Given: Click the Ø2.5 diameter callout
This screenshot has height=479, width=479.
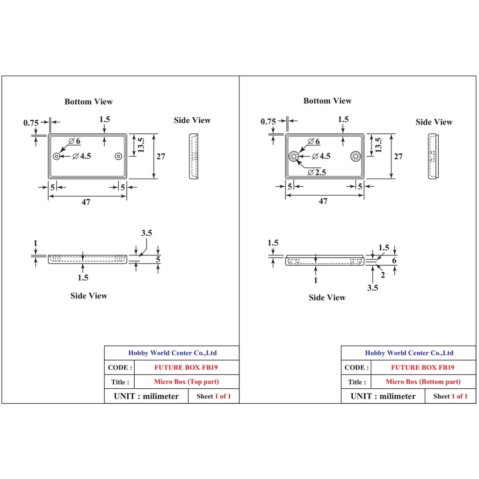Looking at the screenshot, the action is coord(317,172).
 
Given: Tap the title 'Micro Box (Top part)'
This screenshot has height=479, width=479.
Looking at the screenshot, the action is coord(186,382).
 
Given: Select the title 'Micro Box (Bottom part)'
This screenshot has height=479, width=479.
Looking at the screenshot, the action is coord(423,382).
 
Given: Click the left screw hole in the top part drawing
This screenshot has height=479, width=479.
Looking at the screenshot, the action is coord(57,156).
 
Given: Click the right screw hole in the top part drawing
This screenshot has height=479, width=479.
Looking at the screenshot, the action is coord(118,156).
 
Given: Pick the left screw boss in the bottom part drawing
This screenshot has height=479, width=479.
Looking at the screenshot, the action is coord(294,156).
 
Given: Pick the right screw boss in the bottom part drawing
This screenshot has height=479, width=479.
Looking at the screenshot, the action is coord(356,156).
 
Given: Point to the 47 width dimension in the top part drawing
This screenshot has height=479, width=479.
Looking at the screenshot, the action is coord(86,202).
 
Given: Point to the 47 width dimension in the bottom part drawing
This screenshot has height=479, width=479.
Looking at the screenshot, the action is coord(323,201).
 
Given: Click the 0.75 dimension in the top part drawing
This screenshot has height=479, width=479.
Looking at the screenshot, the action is coord(31,123).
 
